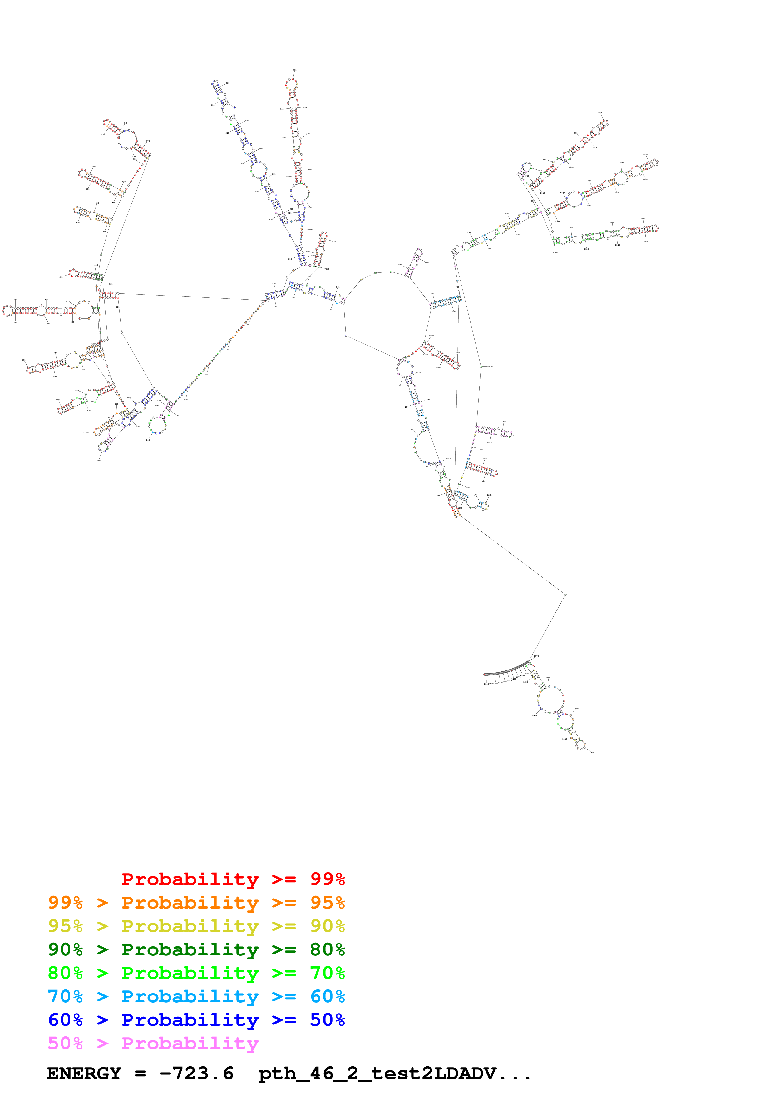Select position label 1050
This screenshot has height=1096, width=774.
[645, 155]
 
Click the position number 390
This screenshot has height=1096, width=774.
[15, 299]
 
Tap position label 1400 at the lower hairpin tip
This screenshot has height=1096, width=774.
[592, 753]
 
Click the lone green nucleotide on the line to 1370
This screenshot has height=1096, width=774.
[565, 594]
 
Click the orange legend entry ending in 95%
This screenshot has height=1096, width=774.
[196, 903]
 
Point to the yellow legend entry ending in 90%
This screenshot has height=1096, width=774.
[196, 926]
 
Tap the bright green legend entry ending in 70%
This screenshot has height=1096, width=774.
[196, 973]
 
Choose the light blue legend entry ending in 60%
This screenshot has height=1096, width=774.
[196, 996]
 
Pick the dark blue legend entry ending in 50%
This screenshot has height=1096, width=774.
[196, 1020]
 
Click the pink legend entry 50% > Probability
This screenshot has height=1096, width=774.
[153, 1043]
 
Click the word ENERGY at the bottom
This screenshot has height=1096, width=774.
[84, 1074]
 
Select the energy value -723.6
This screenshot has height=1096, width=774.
[196, 1074]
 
